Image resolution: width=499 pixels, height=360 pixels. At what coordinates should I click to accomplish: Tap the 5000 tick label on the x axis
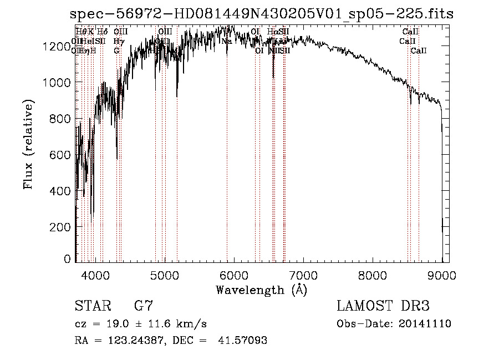165,275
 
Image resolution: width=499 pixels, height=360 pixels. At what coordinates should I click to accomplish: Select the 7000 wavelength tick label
303,275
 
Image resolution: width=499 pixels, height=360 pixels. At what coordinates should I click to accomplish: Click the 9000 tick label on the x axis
442,275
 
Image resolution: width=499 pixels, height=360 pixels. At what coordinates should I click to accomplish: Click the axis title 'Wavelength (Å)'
261,290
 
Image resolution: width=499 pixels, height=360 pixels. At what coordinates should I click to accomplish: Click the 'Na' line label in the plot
227,41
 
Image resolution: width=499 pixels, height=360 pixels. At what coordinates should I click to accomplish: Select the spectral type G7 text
144,306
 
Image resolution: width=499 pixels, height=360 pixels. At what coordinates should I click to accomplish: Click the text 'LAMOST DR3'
383,306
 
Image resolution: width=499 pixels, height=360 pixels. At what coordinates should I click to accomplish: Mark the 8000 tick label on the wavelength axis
373,275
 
